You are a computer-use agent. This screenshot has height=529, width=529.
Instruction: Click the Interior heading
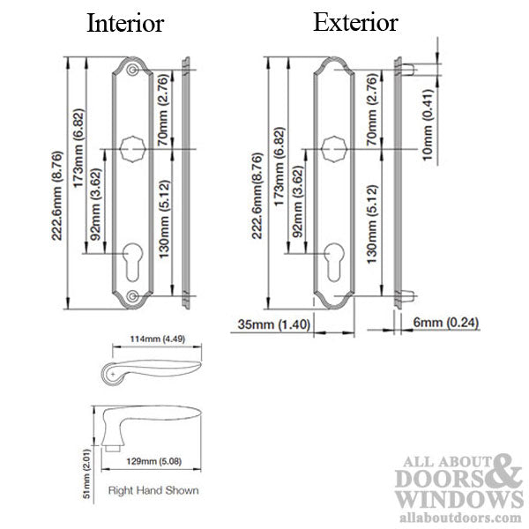pyautogui.click(x=124, y=24)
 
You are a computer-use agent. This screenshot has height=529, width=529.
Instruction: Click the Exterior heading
pyautogui.click(x=356, y=22)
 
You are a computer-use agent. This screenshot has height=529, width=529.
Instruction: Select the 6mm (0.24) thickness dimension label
pyautogui.click(x=445, y=324)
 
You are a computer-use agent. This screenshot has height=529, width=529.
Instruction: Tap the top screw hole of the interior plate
pyautogui.click(x=132, y=69)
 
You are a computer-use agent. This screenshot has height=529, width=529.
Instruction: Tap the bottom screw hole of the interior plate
pyautogui.click(x=132, y=297)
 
